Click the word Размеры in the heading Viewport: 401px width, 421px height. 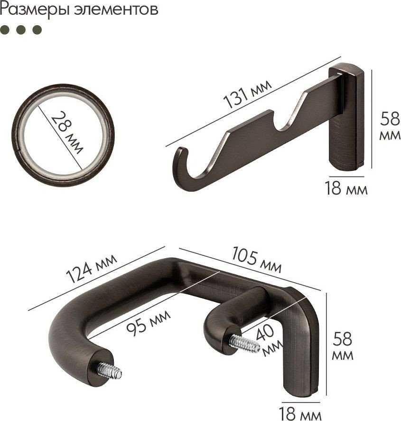[34, 10]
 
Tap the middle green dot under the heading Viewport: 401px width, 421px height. [21, 29]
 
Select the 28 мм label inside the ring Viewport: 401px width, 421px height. [67, 132]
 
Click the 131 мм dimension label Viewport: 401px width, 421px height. [247, 94]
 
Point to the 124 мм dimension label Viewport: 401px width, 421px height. [91, 268]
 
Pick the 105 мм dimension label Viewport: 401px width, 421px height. [257, 259]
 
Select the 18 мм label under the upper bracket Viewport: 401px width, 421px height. [345, 188]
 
